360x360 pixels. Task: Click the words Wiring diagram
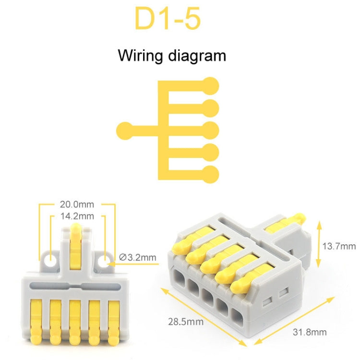(172, 56)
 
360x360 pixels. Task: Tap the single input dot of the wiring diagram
(125, 130)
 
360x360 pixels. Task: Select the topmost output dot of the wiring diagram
(210, 85)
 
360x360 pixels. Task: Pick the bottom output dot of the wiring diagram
(210, 174)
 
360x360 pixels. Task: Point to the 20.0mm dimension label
(77, 204)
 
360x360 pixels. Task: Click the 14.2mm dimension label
(77, 216)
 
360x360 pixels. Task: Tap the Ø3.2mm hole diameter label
(137, 258)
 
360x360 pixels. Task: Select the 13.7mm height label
(339, 247)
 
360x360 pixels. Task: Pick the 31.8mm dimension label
(310, 332)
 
